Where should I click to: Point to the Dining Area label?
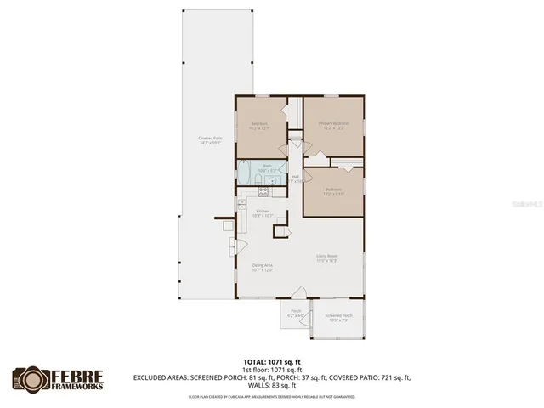262,267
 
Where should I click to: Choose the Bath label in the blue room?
266,167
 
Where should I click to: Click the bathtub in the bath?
245,174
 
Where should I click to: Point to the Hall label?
295,178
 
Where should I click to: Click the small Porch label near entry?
297,313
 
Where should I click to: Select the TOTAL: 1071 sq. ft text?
272,361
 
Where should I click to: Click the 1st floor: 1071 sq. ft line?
272,369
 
